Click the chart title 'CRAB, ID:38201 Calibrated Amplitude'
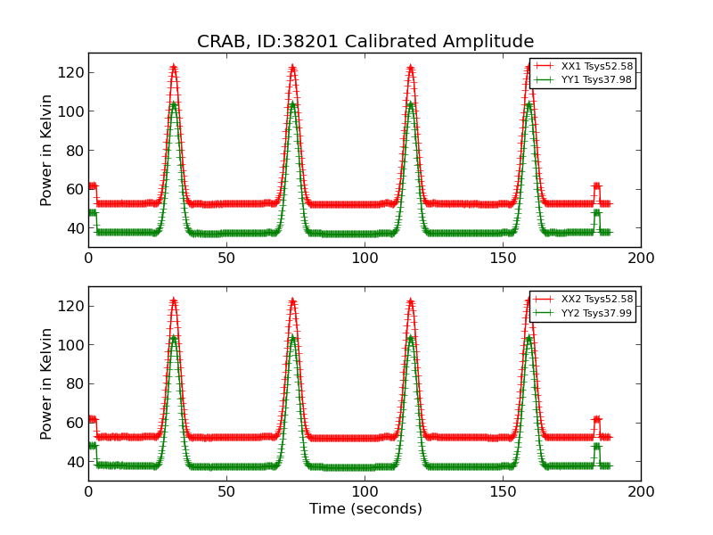[365, 42]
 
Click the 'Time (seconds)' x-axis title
[365, 509]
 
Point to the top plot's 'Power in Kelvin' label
[47, 150]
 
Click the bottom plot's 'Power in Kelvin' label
[47, 383]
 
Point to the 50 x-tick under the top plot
[226, 258]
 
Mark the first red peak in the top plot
[174, 67]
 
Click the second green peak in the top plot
[292, 104]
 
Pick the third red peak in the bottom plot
[411, 301]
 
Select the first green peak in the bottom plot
[174, 338]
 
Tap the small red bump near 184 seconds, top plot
[596, 185]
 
